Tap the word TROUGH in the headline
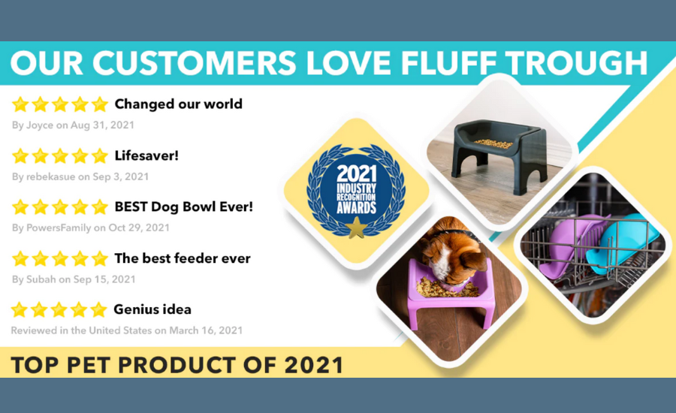point(576,63)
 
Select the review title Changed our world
point(179,104)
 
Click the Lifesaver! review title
point(146,155)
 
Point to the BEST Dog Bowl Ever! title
point(184,207)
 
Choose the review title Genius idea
point(152,309)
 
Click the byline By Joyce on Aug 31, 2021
point(73,125)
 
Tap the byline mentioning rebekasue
point(80,176)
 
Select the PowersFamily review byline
point(91,228)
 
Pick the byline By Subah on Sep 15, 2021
point(74,279)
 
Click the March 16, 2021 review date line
point(127,330)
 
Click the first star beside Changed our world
point(20,104)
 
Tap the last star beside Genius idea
point(98,309)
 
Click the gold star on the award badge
point(357,228)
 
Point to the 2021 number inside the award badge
point(357,173)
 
